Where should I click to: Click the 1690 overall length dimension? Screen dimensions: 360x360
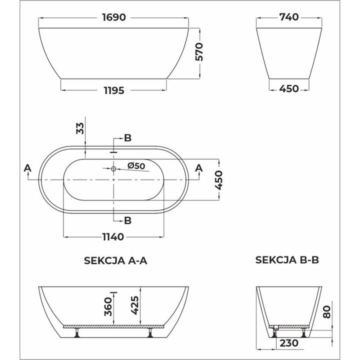[x=114, y=17]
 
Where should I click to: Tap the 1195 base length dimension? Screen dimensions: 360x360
[x=113, y=90]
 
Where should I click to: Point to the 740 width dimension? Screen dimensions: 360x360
[x=288, y=17]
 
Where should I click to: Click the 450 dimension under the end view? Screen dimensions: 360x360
[x=288, y=89]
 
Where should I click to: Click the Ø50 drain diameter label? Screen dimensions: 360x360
[x=136, y=166]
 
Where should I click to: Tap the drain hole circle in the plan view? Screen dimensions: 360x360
[x=113, y=169]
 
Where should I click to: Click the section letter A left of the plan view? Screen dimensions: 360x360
[x=27, y=168]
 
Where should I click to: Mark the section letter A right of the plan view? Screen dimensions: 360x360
[x=199, y=168]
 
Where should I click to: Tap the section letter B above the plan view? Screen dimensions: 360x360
[x=127, y=138]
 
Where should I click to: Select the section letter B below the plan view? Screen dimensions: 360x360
[x=127, y=219]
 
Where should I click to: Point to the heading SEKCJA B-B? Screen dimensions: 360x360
[x=287, y=260]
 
